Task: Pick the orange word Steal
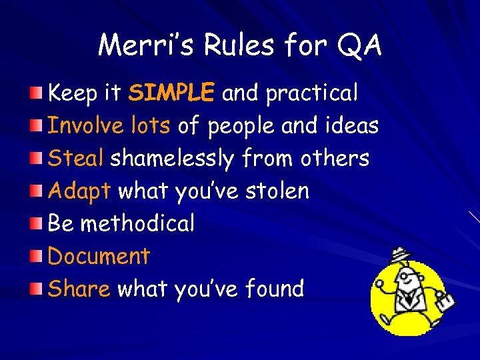(x=76, y=158)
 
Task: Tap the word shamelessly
(x=172, y=159)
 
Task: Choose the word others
(x=335, y=158)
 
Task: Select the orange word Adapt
(x=79, y=191)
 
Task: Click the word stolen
(x=277, y=191)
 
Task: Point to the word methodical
(x=137, y=223)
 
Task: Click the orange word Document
(x=99, y=256)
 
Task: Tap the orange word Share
(x=79, y=289)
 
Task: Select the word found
(x=274, y=289)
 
